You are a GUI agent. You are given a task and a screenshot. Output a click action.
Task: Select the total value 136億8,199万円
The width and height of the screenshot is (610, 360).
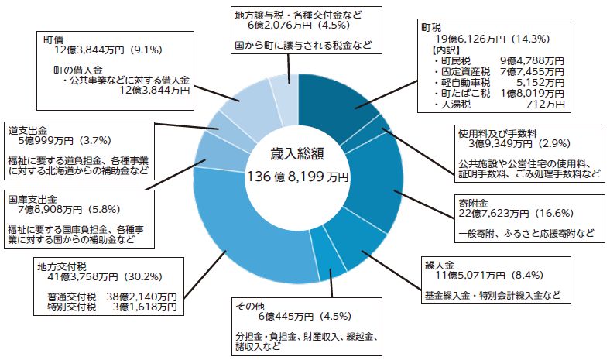(298, 177)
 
